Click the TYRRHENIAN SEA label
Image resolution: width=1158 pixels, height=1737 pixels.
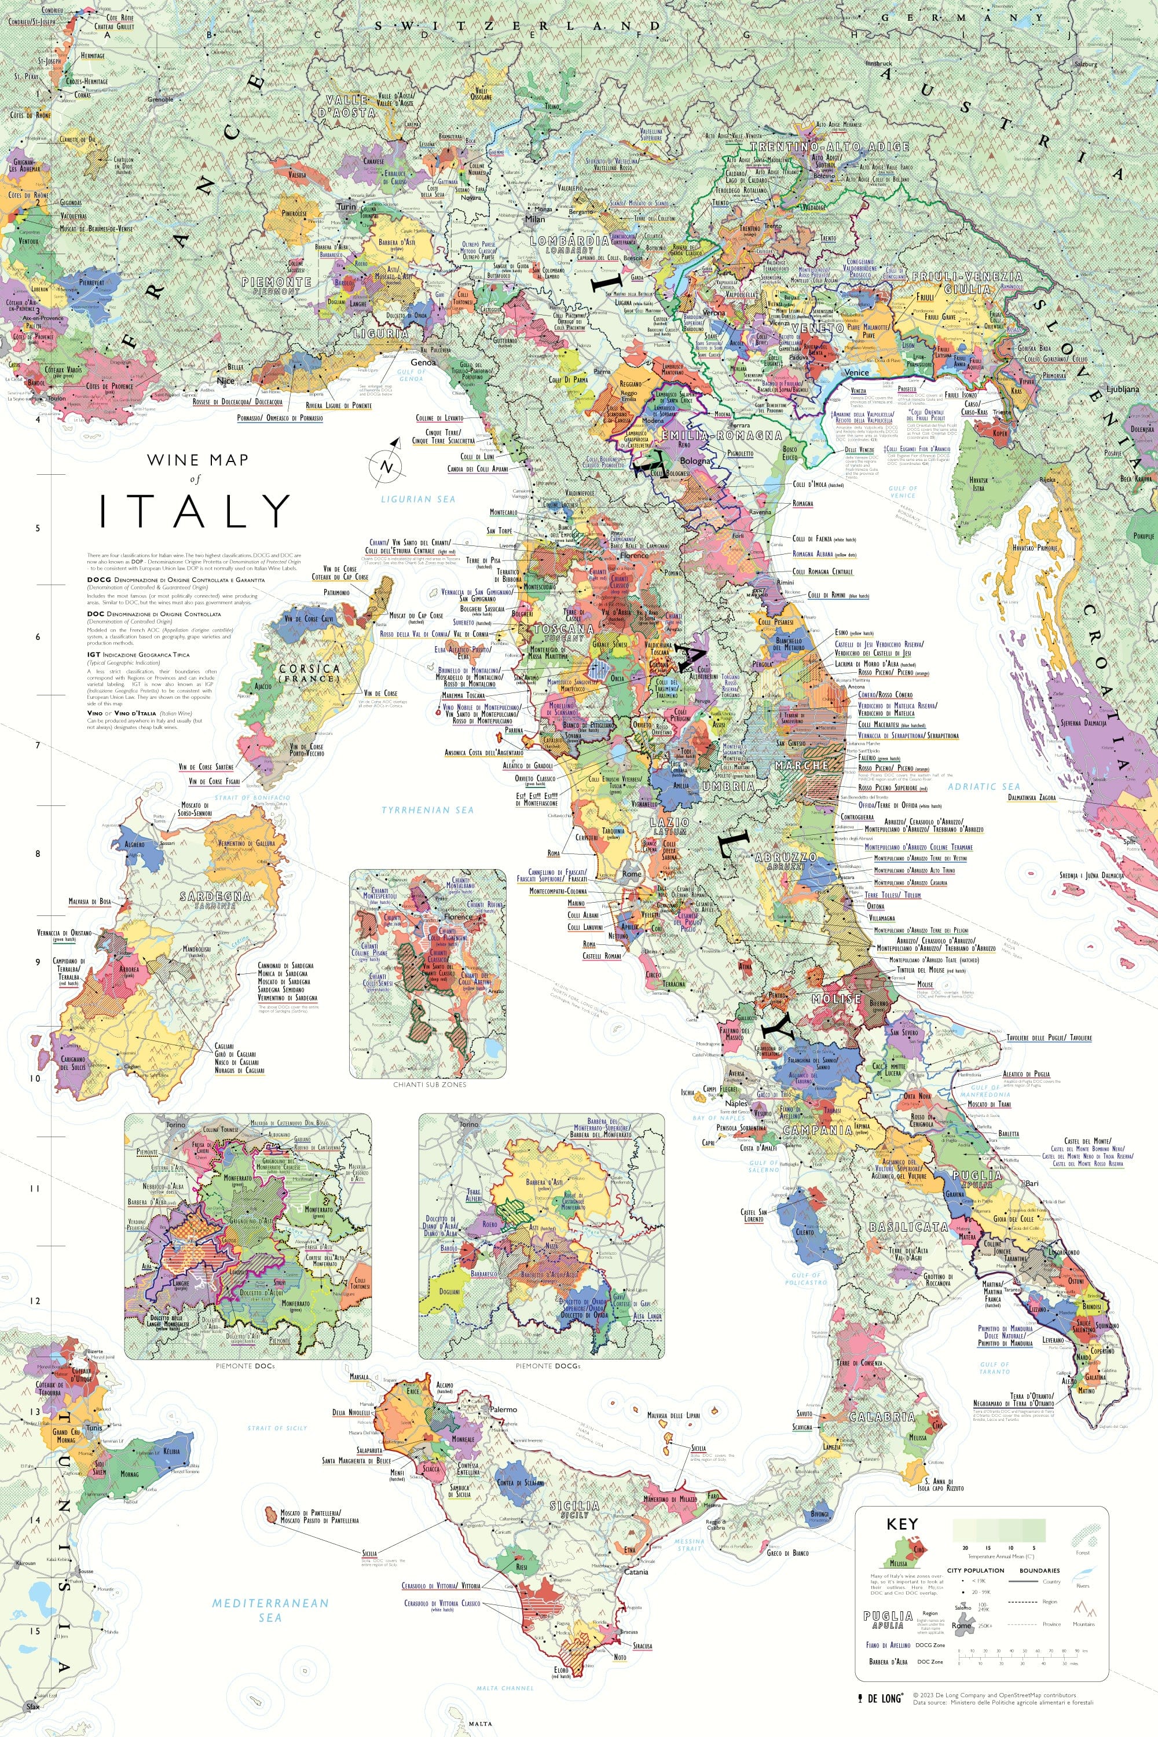[428, 810]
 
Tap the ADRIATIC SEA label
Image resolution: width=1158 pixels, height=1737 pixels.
[984, 786]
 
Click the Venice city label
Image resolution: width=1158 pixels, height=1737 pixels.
[857, 372]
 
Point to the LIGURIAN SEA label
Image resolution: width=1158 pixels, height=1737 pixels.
[418, 499]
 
